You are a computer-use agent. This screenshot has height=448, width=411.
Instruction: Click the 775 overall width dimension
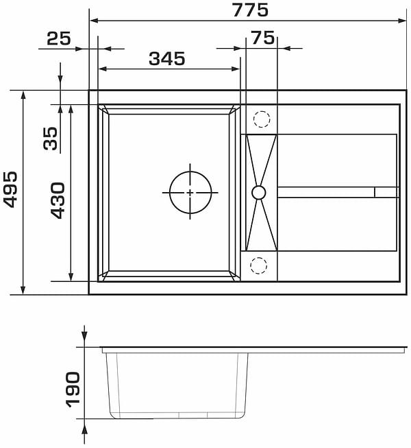coord(251,10)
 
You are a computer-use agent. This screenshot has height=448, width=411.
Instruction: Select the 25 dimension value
coord(59,38)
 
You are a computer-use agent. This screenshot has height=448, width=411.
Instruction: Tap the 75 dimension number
coord(263,38)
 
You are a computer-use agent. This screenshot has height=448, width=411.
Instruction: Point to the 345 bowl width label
coord(167,58)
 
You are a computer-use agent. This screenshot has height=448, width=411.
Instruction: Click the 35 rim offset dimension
coord(51,139)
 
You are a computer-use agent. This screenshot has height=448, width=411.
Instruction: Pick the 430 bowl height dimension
coord(58,200)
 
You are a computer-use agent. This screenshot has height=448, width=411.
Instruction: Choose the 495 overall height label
coord(10,189)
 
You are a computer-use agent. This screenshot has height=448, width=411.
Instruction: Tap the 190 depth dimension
coord(73,390)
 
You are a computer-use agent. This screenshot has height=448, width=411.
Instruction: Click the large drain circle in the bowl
coord(190,171)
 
